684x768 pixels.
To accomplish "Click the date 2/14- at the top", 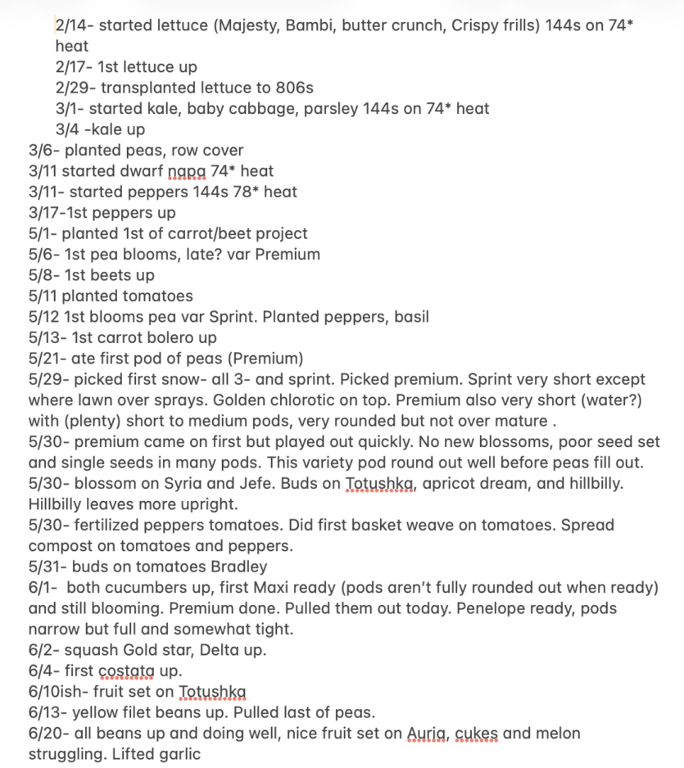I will click(75, 25).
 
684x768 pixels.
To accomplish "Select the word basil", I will click(410, 317).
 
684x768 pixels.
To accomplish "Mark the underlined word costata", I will click(125, 671).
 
